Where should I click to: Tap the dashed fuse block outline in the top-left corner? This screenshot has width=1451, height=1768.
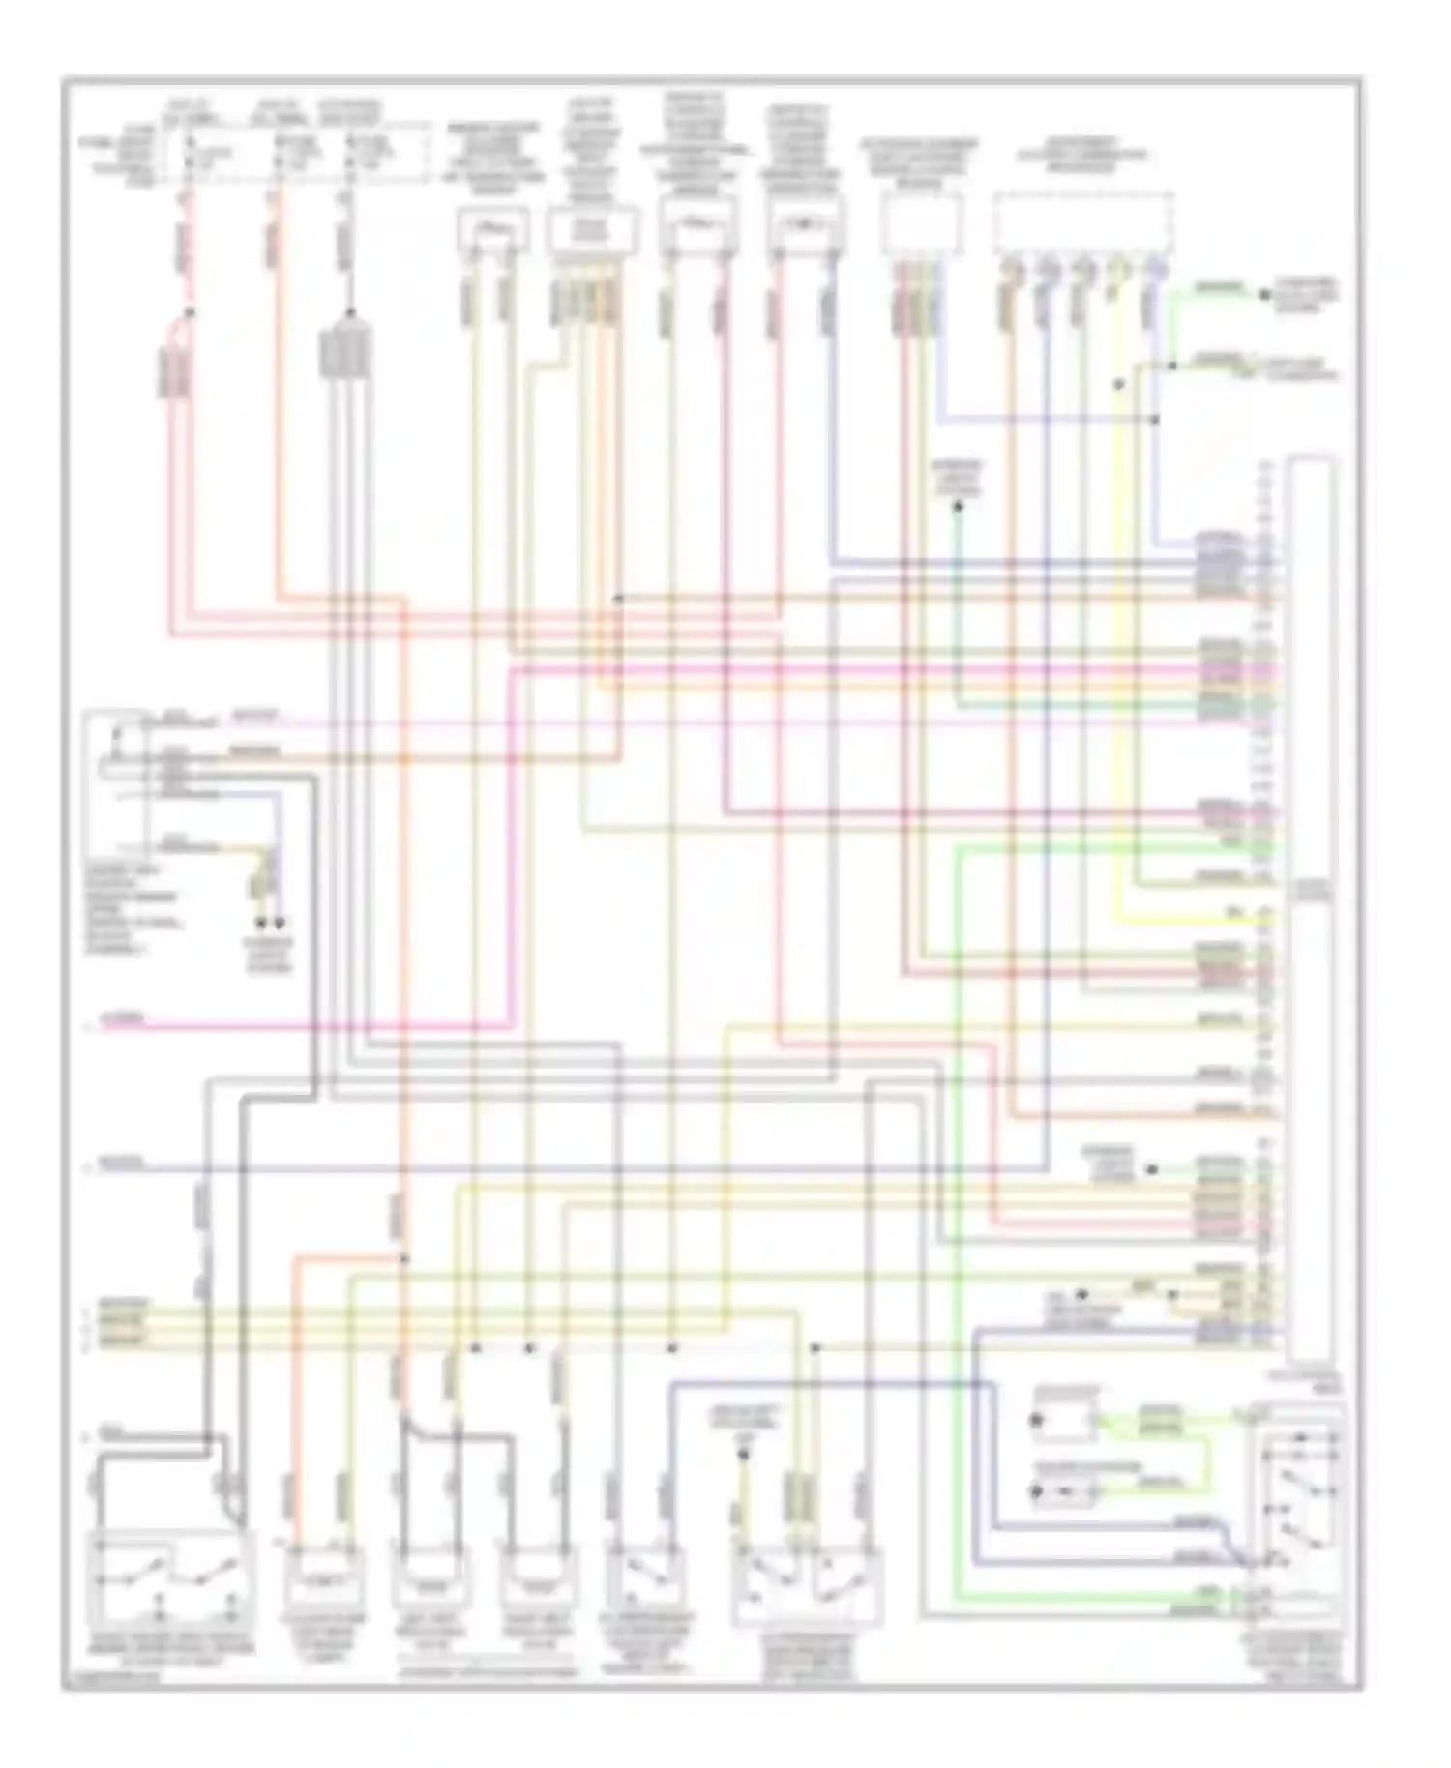tap(298, 152)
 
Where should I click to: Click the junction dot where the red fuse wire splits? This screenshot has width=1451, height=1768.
tap(190, 311)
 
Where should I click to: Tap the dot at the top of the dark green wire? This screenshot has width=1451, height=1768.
tap(959, 506)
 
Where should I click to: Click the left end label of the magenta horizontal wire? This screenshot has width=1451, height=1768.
tap(126, 1020)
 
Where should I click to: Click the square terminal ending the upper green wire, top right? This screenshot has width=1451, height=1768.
tap(1263, 293)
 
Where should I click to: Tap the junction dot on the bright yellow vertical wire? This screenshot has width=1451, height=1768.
tap(1119, 384)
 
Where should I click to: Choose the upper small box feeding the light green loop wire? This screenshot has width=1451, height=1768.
tap(1064, 1421)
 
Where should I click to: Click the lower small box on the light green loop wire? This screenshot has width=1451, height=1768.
tap(1064, 1492)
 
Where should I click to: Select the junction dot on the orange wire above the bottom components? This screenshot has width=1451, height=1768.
tap(404, 1258)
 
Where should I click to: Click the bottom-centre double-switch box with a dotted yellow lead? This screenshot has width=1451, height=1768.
tap(808, 1586)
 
